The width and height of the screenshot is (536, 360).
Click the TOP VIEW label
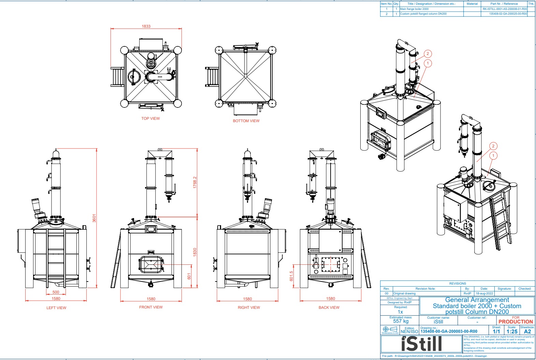click(150, 118)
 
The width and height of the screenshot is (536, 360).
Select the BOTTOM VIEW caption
click(246, 121)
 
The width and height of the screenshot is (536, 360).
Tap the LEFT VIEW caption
click(56, 308)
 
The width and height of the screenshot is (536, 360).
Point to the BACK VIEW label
click(329, 307)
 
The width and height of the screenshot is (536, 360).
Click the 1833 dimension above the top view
click(146, 26)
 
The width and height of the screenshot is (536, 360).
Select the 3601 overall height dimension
click(95, 218)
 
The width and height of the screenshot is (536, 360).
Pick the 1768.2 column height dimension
click(195, 182)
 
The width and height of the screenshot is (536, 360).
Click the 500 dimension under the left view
click(56, 292)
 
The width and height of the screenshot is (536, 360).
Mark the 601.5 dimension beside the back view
click(291, 276)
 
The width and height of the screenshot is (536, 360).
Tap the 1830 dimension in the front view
click(195, 252)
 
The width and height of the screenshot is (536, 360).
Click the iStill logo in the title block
click(421, 344)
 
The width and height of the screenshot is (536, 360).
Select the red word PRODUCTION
click(516, 322)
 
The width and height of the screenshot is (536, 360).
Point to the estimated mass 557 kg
click(401, 321)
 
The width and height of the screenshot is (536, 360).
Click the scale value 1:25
click(512, 331)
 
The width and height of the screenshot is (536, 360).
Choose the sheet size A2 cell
click(527, 331)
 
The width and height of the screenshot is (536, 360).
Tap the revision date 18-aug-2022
click(484, 293)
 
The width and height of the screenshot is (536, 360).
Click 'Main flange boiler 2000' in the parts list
click(414, 9)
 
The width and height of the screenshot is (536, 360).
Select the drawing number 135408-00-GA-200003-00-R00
click(449, 331)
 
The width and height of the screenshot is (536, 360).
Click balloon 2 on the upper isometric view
click(428, 54)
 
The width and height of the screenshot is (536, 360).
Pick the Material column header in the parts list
click(472, 4)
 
